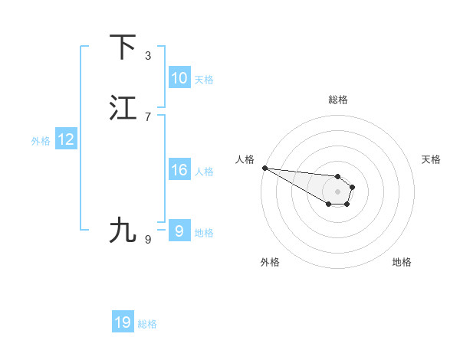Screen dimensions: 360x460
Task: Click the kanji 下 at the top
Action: click(x=123, y=47)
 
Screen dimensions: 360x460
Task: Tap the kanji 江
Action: click(x=123, y=108)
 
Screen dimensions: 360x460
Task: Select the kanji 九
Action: click(x=123, y=230)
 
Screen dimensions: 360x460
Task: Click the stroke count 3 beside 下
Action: click(x=148, y=56)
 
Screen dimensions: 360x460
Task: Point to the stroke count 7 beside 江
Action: click(x=148, y=116)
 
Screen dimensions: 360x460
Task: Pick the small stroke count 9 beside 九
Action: click(x=148, y=239)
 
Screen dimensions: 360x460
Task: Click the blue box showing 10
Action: click(x=179, y=78)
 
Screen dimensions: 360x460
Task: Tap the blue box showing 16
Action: click(x=179, y=170)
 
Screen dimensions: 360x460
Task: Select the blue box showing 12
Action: click(x=66, y=139)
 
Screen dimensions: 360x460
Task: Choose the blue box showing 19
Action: click(x=123, y=322)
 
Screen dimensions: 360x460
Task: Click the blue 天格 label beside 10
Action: click(x=204, y=80)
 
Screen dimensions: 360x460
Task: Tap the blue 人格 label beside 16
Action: click(x=204, y=172)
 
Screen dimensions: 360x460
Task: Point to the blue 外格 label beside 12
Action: click(x=41, y=141)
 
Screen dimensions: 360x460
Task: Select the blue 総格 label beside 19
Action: click(x=147, y=324)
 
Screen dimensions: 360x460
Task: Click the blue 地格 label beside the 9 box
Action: click(x=204, y=233)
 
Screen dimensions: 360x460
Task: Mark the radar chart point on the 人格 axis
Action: click(x=264, y=167)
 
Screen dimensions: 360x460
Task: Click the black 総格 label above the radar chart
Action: click(x=338, y=100)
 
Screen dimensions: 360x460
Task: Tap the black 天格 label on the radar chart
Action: click(x=431, y=159)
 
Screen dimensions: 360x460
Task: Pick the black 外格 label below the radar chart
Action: click(x=270, y=262)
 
